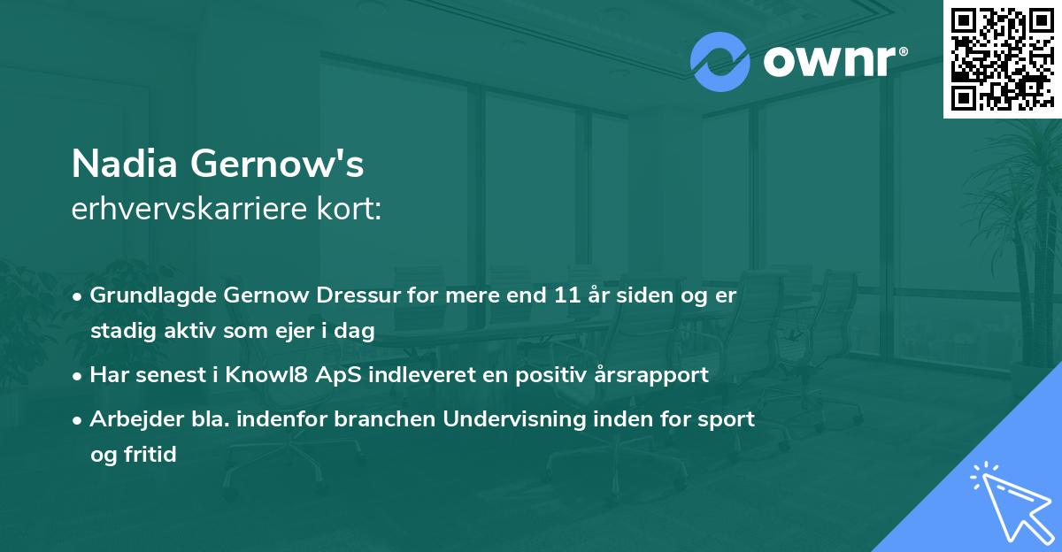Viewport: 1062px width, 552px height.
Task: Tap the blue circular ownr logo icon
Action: [x=720, y=62]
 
